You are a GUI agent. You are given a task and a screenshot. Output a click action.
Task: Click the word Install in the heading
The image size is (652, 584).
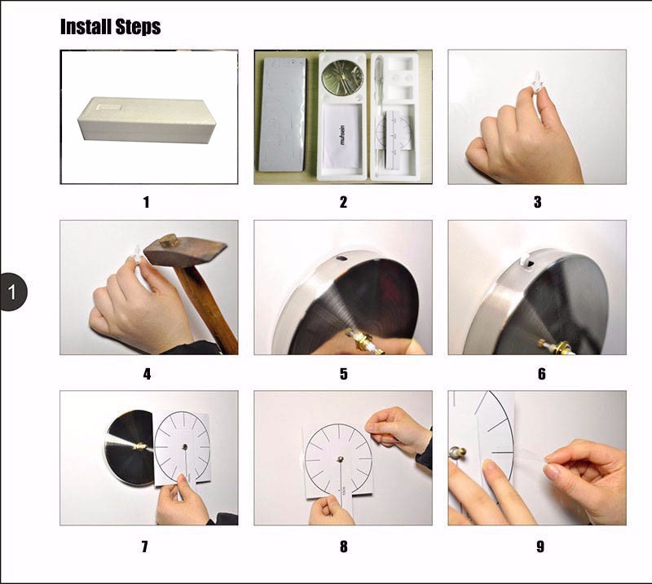(x=86, y=27)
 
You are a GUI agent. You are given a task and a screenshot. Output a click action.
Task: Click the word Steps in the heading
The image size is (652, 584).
(x=138, y=28)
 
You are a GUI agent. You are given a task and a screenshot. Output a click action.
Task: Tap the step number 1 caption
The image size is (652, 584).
(x=147, y=203)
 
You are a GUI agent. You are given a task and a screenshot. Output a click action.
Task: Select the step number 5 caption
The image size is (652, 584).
(x=343, y=374)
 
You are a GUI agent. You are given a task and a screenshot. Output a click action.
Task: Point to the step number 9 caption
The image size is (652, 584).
(x=540, y=547)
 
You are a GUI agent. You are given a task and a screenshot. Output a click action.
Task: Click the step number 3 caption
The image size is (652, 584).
(x=538, y=202)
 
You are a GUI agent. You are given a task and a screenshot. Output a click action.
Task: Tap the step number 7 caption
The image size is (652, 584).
(x=145, y=547)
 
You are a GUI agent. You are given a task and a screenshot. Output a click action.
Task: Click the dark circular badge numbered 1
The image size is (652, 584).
(x=12, y=292)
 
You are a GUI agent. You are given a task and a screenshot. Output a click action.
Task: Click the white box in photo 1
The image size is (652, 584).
(x=147, y=120)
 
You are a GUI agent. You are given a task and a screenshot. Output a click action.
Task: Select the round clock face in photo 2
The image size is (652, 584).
(x=342, y=77)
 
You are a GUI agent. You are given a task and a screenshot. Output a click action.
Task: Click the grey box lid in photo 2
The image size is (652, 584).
(x=282, y=114)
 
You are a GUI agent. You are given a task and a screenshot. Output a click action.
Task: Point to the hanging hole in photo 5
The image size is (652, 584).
(x=341, y=258)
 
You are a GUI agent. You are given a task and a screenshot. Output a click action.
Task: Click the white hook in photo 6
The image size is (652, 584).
(x=526, y=260)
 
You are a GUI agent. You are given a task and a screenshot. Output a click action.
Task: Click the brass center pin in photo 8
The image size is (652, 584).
(x=340, y=459)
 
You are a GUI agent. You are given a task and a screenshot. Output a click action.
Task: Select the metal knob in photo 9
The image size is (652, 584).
(x=457, y=452)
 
